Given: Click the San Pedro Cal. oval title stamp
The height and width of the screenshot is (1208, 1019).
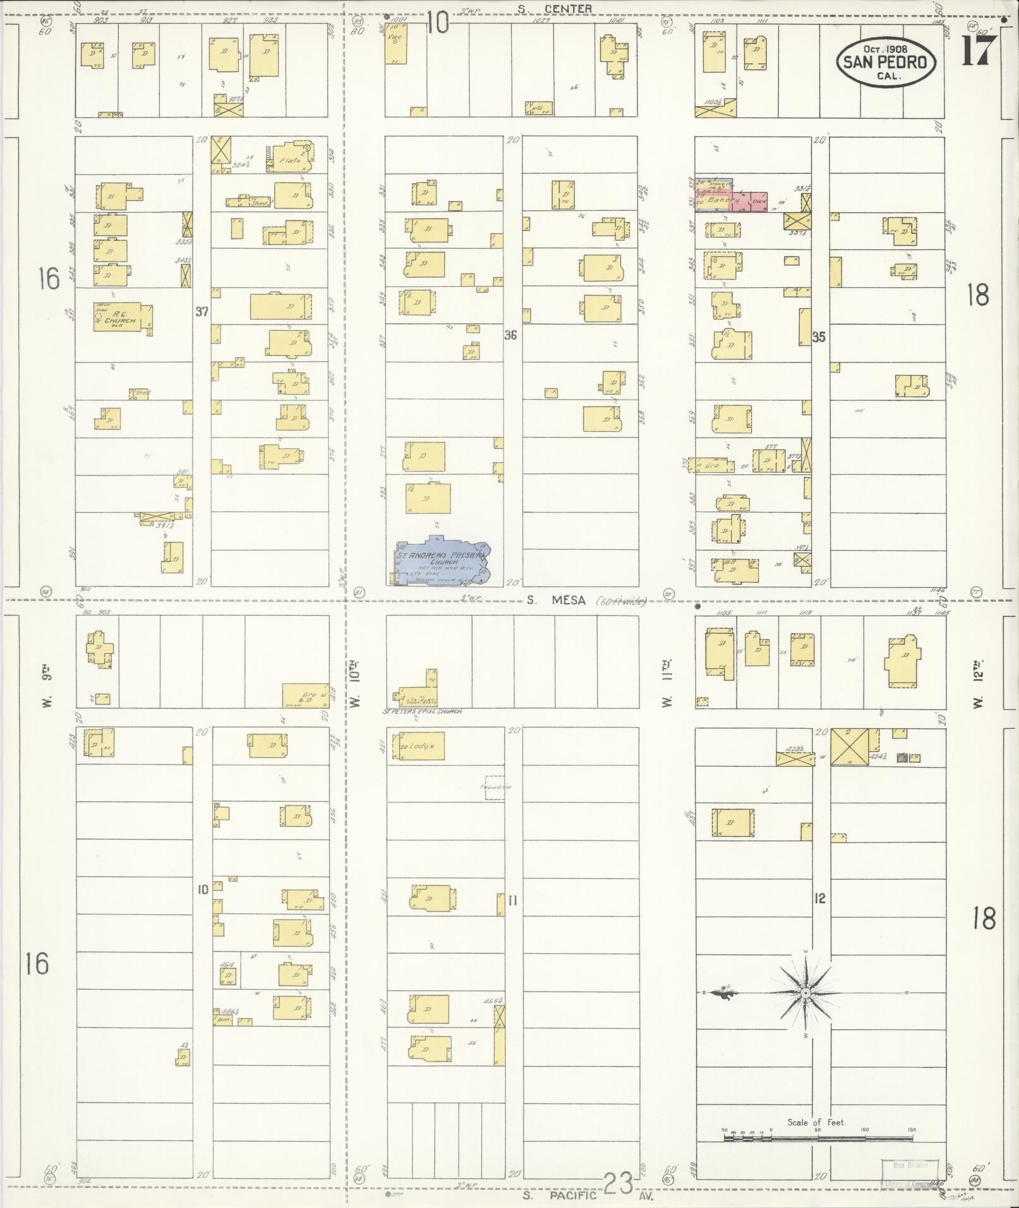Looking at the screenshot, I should (886, 61).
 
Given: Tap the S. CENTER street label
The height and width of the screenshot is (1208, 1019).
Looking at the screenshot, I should (555, 8).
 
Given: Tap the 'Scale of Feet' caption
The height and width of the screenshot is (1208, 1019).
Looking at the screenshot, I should (816, 1121).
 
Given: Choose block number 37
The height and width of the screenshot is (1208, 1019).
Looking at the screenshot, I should (202, 311).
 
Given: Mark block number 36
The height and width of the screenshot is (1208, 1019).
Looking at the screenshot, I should (510, 335).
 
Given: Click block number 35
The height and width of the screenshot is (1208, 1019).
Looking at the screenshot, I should (819, 337).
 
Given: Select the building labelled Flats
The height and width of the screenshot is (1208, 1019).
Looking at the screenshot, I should (291, 160).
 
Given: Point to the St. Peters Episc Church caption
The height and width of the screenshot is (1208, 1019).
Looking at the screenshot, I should (422, 711).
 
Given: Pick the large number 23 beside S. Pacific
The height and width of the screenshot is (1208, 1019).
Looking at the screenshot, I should (618, 1183).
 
